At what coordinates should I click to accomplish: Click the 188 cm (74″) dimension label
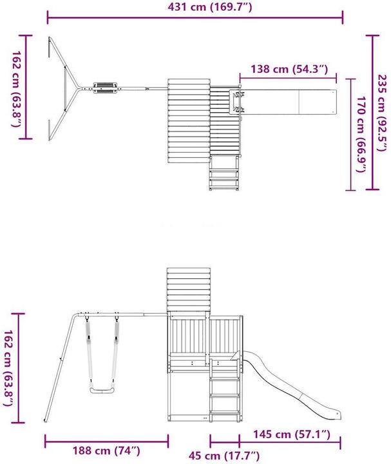click(106, 450)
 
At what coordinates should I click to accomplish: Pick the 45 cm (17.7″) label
click(225, 456)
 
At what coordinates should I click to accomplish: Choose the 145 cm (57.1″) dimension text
click(292, 436)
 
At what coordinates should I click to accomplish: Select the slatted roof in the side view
click(189, 288)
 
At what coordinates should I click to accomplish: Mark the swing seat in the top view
click(106, 87)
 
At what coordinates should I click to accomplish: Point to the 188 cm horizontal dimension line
click(106, 441)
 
